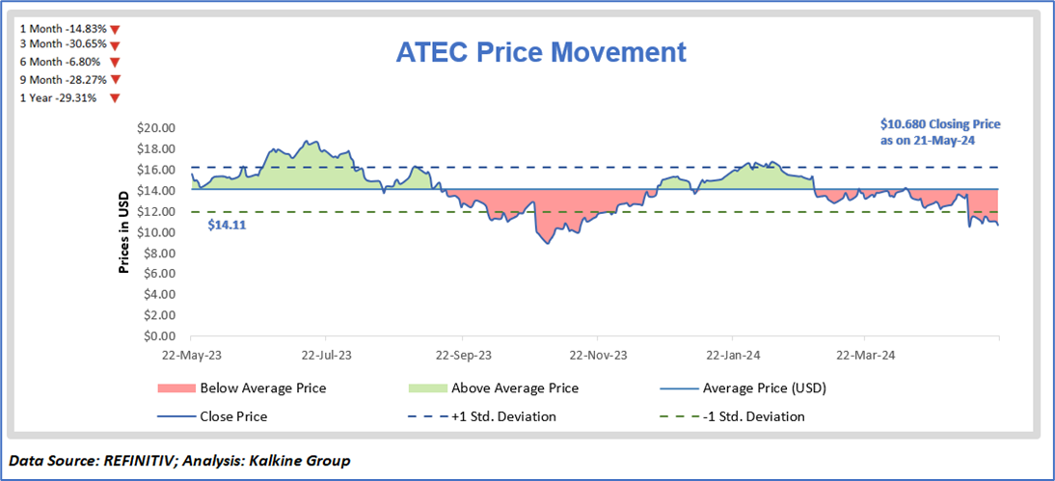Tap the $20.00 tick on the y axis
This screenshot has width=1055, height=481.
154,128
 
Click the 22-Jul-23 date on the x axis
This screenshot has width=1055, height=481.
326,355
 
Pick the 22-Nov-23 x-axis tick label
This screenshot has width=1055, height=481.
597,355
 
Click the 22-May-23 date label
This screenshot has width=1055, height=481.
191,355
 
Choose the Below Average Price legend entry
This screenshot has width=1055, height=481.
262,388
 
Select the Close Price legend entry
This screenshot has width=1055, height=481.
234,416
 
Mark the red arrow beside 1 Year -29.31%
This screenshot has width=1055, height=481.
114,98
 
